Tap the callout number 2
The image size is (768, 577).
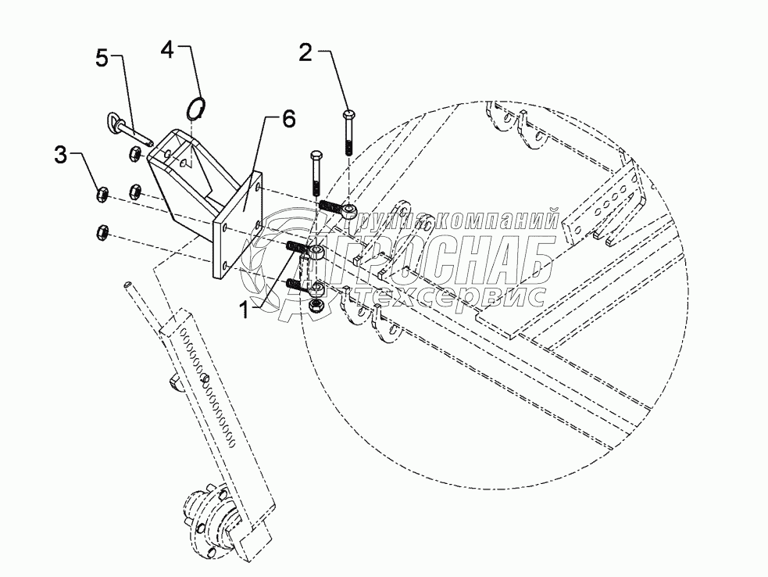click(306, 53)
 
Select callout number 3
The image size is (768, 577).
click(61, 155)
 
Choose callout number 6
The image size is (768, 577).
click(288, 120)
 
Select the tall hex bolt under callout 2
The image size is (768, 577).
click(348, 134)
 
